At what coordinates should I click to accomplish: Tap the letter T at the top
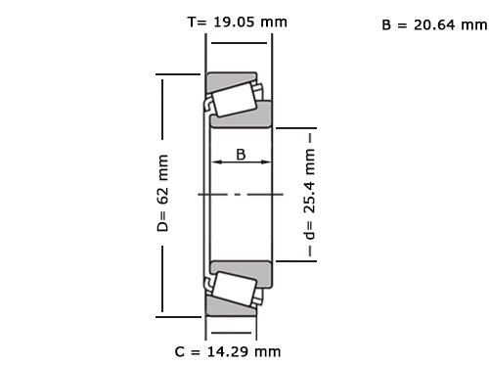191,21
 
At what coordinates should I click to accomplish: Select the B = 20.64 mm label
433,25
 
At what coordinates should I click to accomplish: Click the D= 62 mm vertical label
163,193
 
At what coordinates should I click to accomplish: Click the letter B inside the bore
241,154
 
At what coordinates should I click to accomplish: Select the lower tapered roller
233,289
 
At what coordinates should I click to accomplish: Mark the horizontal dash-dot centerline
241,194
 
